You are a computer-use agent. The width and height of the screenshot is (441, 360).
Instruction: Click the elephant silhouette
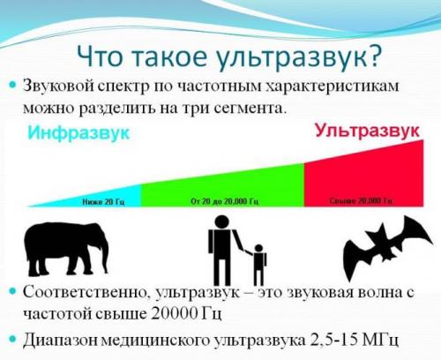(x=66, y=247)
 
